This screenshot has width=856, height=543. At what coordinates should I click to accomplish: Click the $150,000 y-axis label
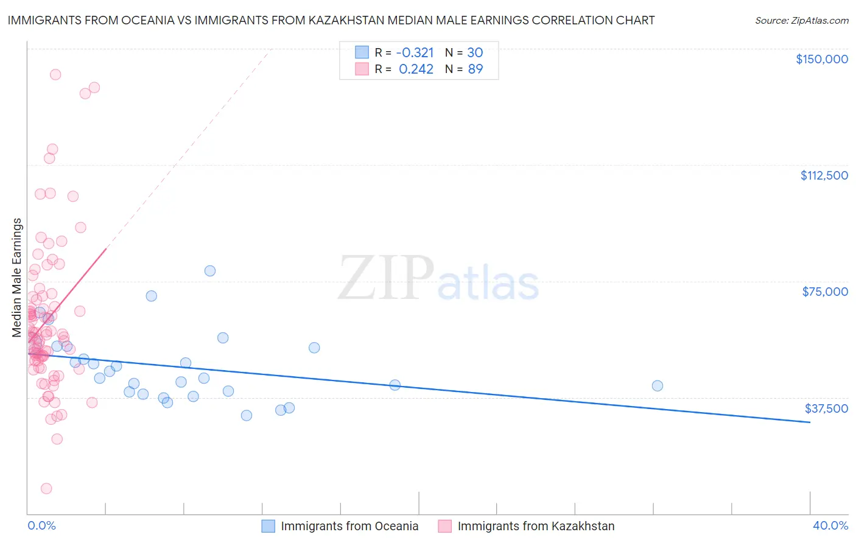pyautogui.click(x=821, y=59)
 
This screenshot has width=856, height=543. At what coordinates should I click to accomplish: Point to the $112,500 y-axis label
pyautogui.click(x=824, y=175)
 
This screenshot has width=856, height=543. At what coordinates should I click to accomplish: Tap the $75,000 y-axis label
pyautogui.click(x=825, y=292)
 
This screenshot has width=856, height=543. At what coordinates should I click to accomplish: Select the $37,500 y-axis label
pyautogui.click(x=826, y=408)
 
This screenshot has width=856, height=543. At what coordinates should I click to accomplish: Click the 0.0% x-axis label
pyautogui.click(x=41, y=525)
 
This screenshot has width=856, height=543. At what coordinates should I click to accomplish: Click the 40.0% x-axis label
pyautogui.click(x=830, y=525)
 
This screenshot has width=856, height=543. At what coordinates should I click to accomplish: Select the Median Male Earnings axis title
pyautogui.click(x=17, y=277)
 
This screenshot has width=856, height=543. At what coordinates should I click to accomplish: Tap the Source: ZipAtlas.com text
pyautogui.click(x=801, y=20)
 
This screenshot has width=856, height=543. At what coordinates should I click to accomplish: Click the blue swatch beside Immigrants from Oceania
pyautogui.click(x=268, y=526)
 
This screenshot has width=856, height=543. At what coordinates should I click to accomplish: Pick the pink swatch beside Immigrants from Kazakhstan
pyautogui.click(x=445, y=526)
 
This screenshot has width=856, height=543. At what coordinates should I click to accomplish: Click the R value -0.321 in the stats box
pyautogui.click(x=415, y=52)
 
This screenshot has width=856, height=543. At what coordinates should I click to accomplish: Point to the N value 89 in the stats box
pyautogui.click(x=475, y=69)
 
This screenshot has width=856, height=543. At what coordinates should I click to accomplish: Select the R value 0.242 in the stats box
pyautogui.click(x=416, y=69)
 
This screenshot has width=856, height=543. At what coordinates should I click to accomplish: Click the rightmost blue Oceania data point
pyautogui.click(x=657, y=385)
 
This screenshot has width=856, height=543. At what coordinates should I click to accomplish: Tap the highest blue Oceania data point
pyautogui.click(x=210, y=271)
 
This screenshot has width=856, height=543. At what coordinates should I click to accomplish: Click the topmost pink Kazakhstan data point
pyautogui.click(x=55, y=74)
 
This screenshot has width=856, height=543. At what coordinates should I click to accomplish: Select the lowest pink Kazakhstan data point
pyautogui.click(x=46, y=488)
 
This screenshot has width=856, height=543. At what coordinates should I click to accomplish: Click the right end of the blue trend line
pyautogui.click(x=810, y=422)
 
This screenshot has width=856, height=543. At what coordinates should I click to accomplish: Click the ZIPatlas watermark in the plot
pyautogui.click(x=438, y=278)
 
